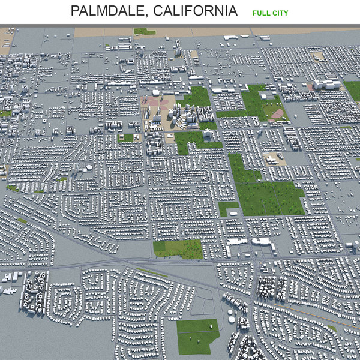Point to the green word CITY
click(x=280, y=13)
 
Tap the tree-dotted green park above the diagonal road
click(x=178, y=248)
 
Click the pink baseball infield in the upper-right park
click(x=276, y=113)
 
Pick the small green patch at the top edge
click(x=145, y=31)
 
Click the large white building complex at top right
click(x=326, y=85)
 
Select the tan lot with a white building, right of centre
click(x=274, y=159)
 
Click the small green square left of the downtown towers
click(x=127, y=137)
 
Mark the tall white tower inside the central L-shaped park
click(x=207, y=136)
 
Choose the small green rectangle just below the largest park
click(x=228, y=208)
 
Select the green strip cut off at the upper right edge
click(x=353, y=90)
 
